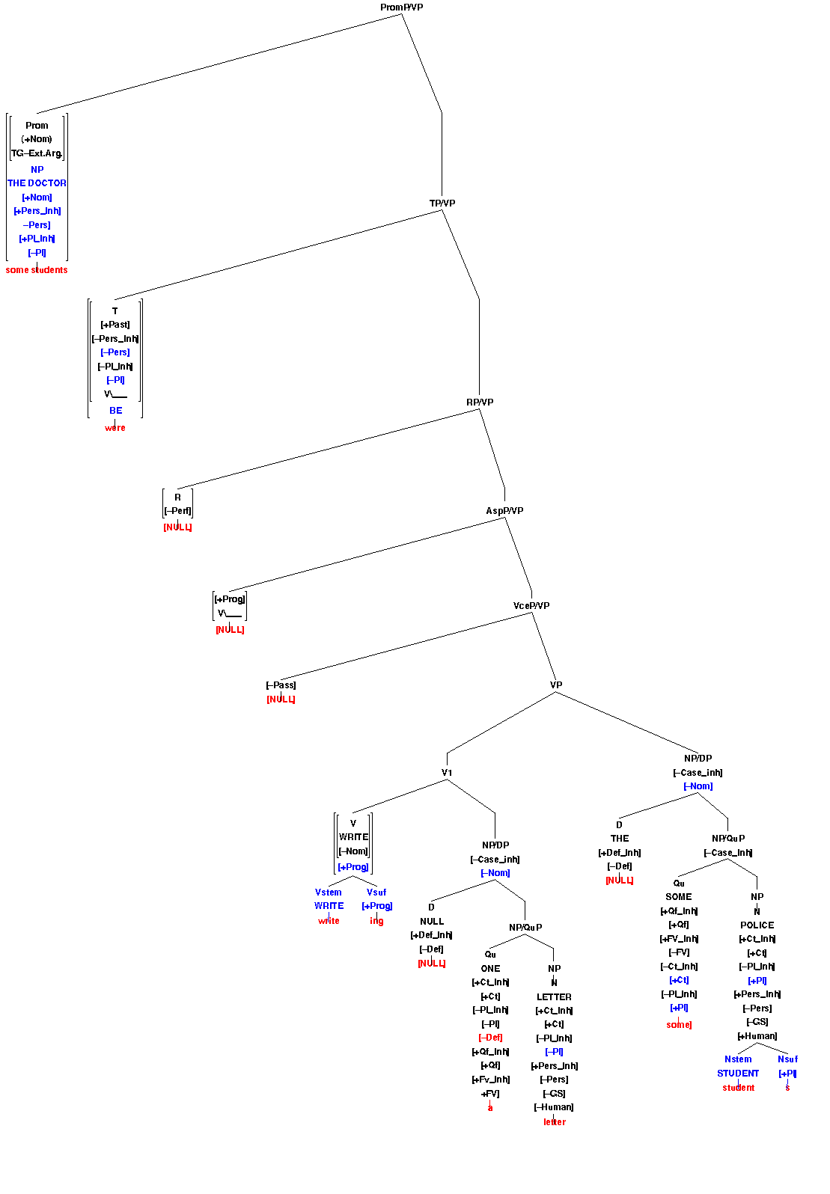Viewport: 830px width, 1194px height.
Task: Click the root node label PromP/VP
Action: click(x=401, y=7)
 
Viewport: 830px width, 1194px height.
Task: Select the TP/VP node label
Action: click(x=442, y=203)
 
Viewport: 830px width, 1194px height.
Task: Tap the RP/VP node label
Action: click(x=479, y=402)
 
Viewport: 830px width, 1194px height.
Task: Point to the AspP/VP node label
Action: click(x=504, y=511)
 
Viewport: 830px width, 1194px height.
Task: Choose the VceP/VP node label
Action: click(x=531, y=606)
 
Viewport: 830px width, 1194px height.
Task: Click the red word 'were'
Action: click(x=115, y=428)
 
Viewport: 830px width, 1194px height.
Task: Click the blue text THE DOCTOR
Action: click(x=37, y=183)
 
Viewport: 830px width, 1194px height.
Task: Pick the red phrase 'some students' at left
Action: click(x=37, y=270)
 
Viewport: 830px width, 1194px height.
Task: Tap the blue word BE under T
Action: click(x=115, y=411)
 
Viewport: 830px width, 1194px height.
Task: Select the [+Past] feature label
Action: click(x=115, y=325)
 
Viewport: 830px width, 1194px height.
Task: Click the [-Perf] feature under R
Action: click(x=177, y=512)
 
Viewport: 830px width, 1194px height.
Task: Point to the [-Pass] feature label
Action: click(x=281, y=685)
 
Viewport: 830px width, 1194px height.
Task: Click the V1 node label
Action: click(x=447, y=773)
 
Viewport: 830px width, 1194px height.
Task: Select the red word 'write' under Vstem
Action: click(x=329, y=921)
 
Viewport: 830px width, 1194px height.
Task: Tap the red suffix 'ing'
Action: click(x=376, y=921)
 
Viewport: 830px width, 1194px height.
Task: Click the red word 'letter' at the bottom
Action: click(x=554, y=1122)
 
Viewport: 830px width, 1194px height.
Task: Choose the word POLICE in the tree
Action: click(x=757, y=925)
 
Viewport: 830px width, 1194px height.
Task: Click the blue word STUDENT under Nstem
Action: click(x=738, y=1074)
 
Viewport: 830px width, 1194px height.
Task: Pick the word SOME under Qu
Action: click(x=679, y=897)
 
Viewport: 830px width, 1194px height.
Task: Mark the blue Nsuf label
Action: click(x=787, y=1059)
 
